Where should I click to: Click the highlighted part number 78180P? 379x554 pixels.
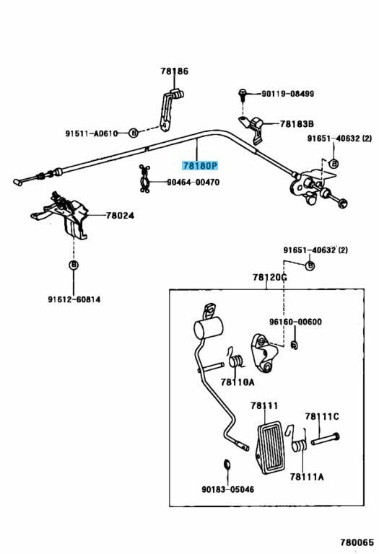(x=200, y=166)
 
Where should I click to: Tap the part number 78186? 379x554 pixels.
(x=174, y=71)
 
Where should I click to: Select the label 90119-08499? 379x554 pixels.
(x=287, y=94)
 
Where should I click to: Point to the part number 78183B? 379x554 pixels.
(x=297, y=124)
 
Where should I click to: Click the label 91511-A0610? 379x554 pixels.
(x=91, y=133)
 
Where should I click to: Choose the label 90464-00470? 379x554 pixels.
(x=193, y=183)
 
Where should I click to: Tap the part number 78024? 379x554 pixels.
(x=120, y=216)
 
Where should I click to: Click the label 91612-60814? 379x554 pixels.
(x=74, y=299)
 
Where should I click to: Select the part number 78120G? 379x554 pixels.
(x=270, y=278)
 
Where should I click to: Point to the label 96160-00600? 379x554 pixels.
(x=295, y=322)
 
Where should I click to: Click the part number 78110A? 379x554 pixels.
(x=238, y=382)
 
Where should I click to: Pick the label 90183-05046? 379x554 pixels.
(x=227, y=489)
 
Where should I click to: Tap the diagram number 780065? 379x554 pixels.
(x=357, y=542)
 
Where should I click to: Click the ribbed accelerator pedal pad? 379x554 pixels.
(x=271, y=447)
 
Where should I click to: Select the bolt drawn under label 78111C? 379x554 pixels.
(x=326, y=439)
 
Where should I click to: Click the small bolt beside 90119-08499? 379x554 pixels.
(x=242, y=94)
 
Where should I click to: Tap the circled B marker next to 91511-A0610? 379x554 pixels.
(x=133, y=133)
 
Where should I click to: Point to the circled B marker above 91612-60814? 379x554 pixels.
(x=74, y=265)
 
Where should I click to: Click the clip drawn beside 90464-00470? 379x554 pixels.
(x=144, y=179)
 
